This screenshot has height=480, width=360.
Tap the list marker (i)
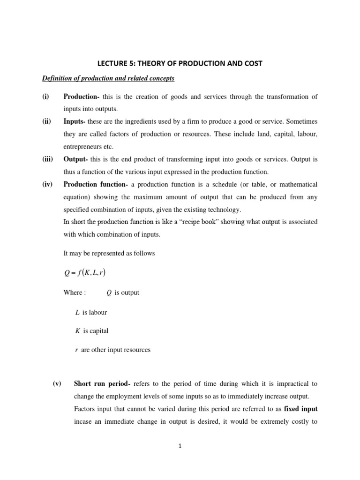click(x=45, y=97)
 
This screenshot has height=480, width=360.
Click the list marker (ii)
click(x=46, y=121)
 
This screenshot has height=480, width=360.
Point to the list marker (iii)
click(x=47, y=159)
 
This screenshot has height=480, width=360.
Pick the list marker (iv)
click(x=46, y=184)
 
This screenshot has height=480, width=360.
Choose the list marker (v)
click(x=57, y=383)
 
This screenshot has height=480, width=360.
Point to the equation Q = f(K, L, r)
click(x=88, y=273)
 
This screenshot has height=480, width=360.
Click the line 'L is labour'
click(x=91, y=312)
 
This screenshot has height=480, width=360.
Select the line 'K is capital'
click(x=92, y=330)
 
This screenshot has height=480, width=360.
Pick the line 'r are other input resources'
click(x=112, y=350)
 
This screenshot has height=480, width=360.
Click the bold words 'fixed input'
click(x=301, y=408)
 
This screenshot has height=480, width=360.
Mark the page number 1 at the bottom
click(x=180, y=446)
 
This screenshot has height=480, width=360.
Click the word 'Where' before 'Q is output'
click(x=74, y=292)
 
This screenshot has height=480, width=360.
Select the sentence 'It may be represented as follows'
click(x=109, y=253)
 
